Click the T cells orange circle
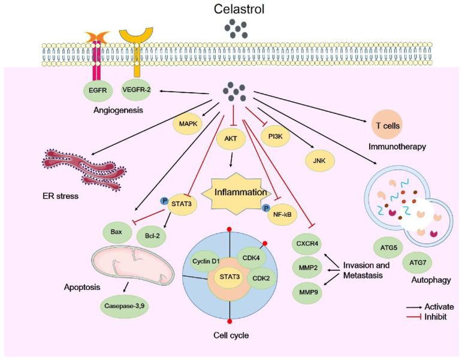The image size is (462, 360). point(384,126)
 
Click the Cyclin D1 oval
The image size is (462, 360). point(207,261)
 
